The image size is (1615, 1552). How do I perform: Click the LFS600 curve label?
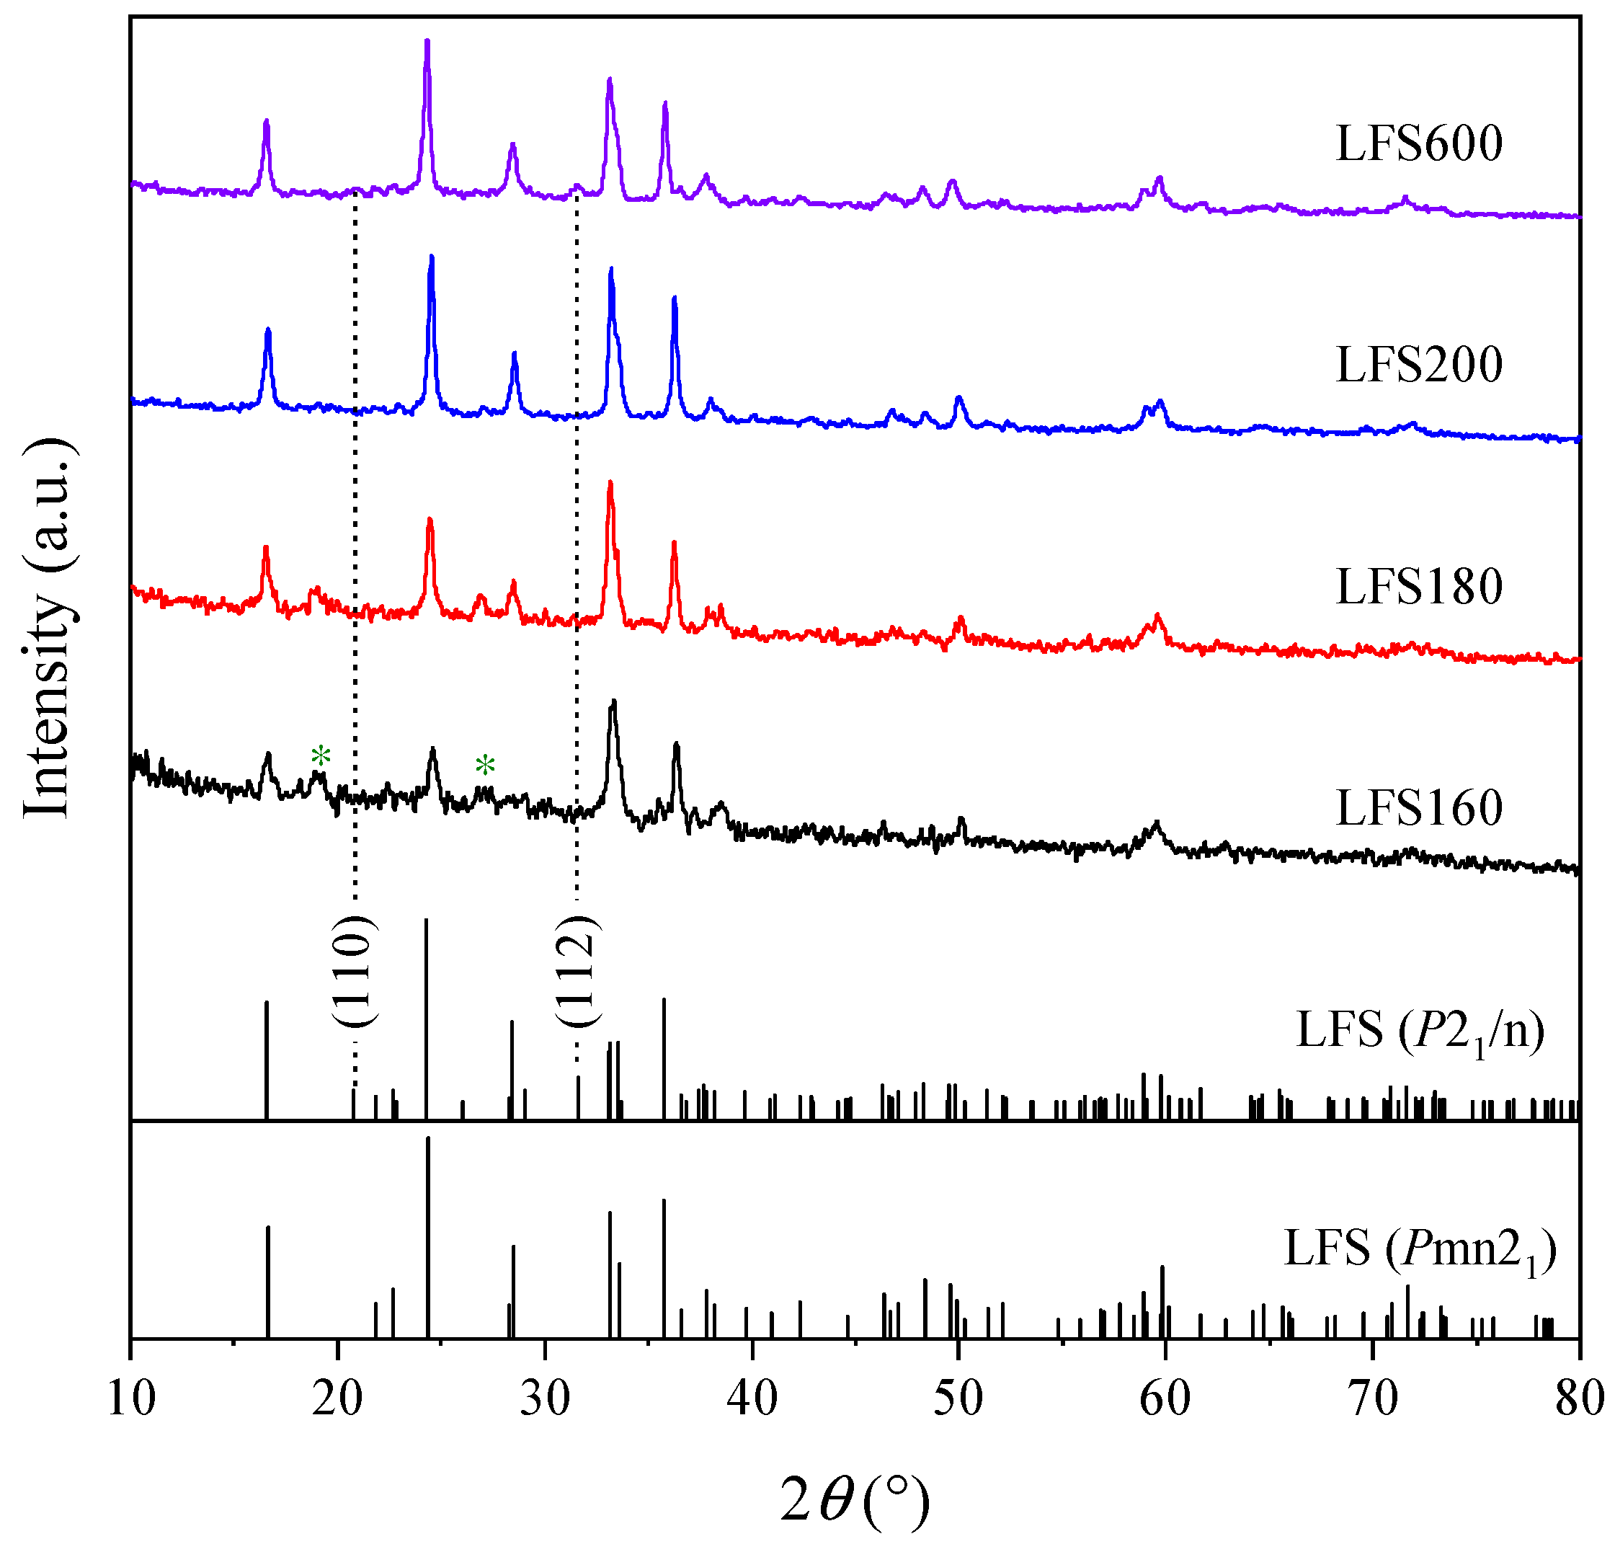1419,143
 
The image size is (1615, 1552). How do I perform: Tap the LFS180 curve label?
1419,587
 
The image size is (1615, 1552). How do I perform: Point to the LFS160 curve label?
1419,808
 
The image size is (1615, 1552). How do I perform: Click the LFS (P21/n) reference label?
1420,1030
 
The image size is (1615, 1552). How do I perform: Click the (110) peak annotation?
355,971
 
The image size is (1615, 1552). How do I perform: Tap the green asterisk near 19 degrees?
321,755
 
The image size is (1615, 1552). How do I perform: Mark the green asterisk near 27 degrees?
485,766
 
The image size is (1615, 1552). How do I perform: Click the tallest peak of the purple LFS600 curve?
427,41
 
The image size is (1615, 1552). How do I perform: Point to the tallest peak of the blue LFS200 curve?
431,258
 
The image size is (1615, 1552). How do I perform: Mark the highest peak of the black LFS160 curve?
613,702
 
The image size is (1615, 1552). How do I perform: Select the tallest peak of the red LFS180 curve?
610,483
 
